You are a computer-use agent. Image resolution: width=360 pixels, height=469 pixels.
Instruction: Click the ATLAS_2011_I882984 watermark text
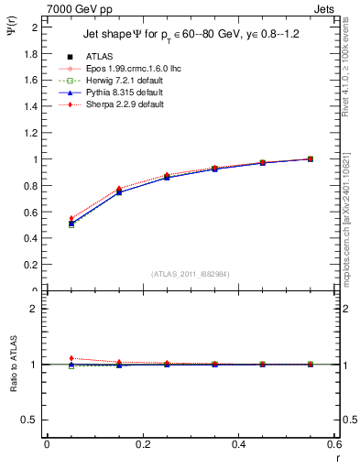tap(191, 274)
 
